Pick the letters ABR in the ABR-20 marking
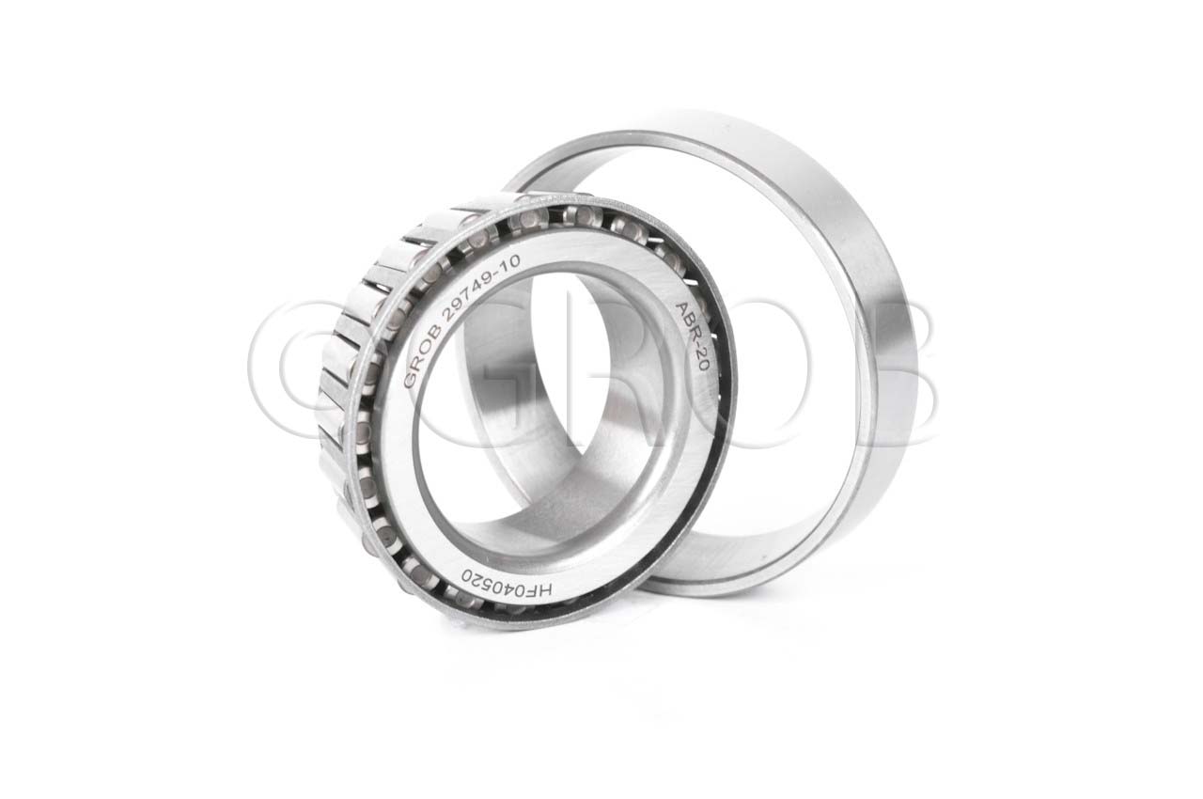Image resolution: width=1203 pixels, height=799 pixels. pyautogui.click(x=687, y=323)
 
